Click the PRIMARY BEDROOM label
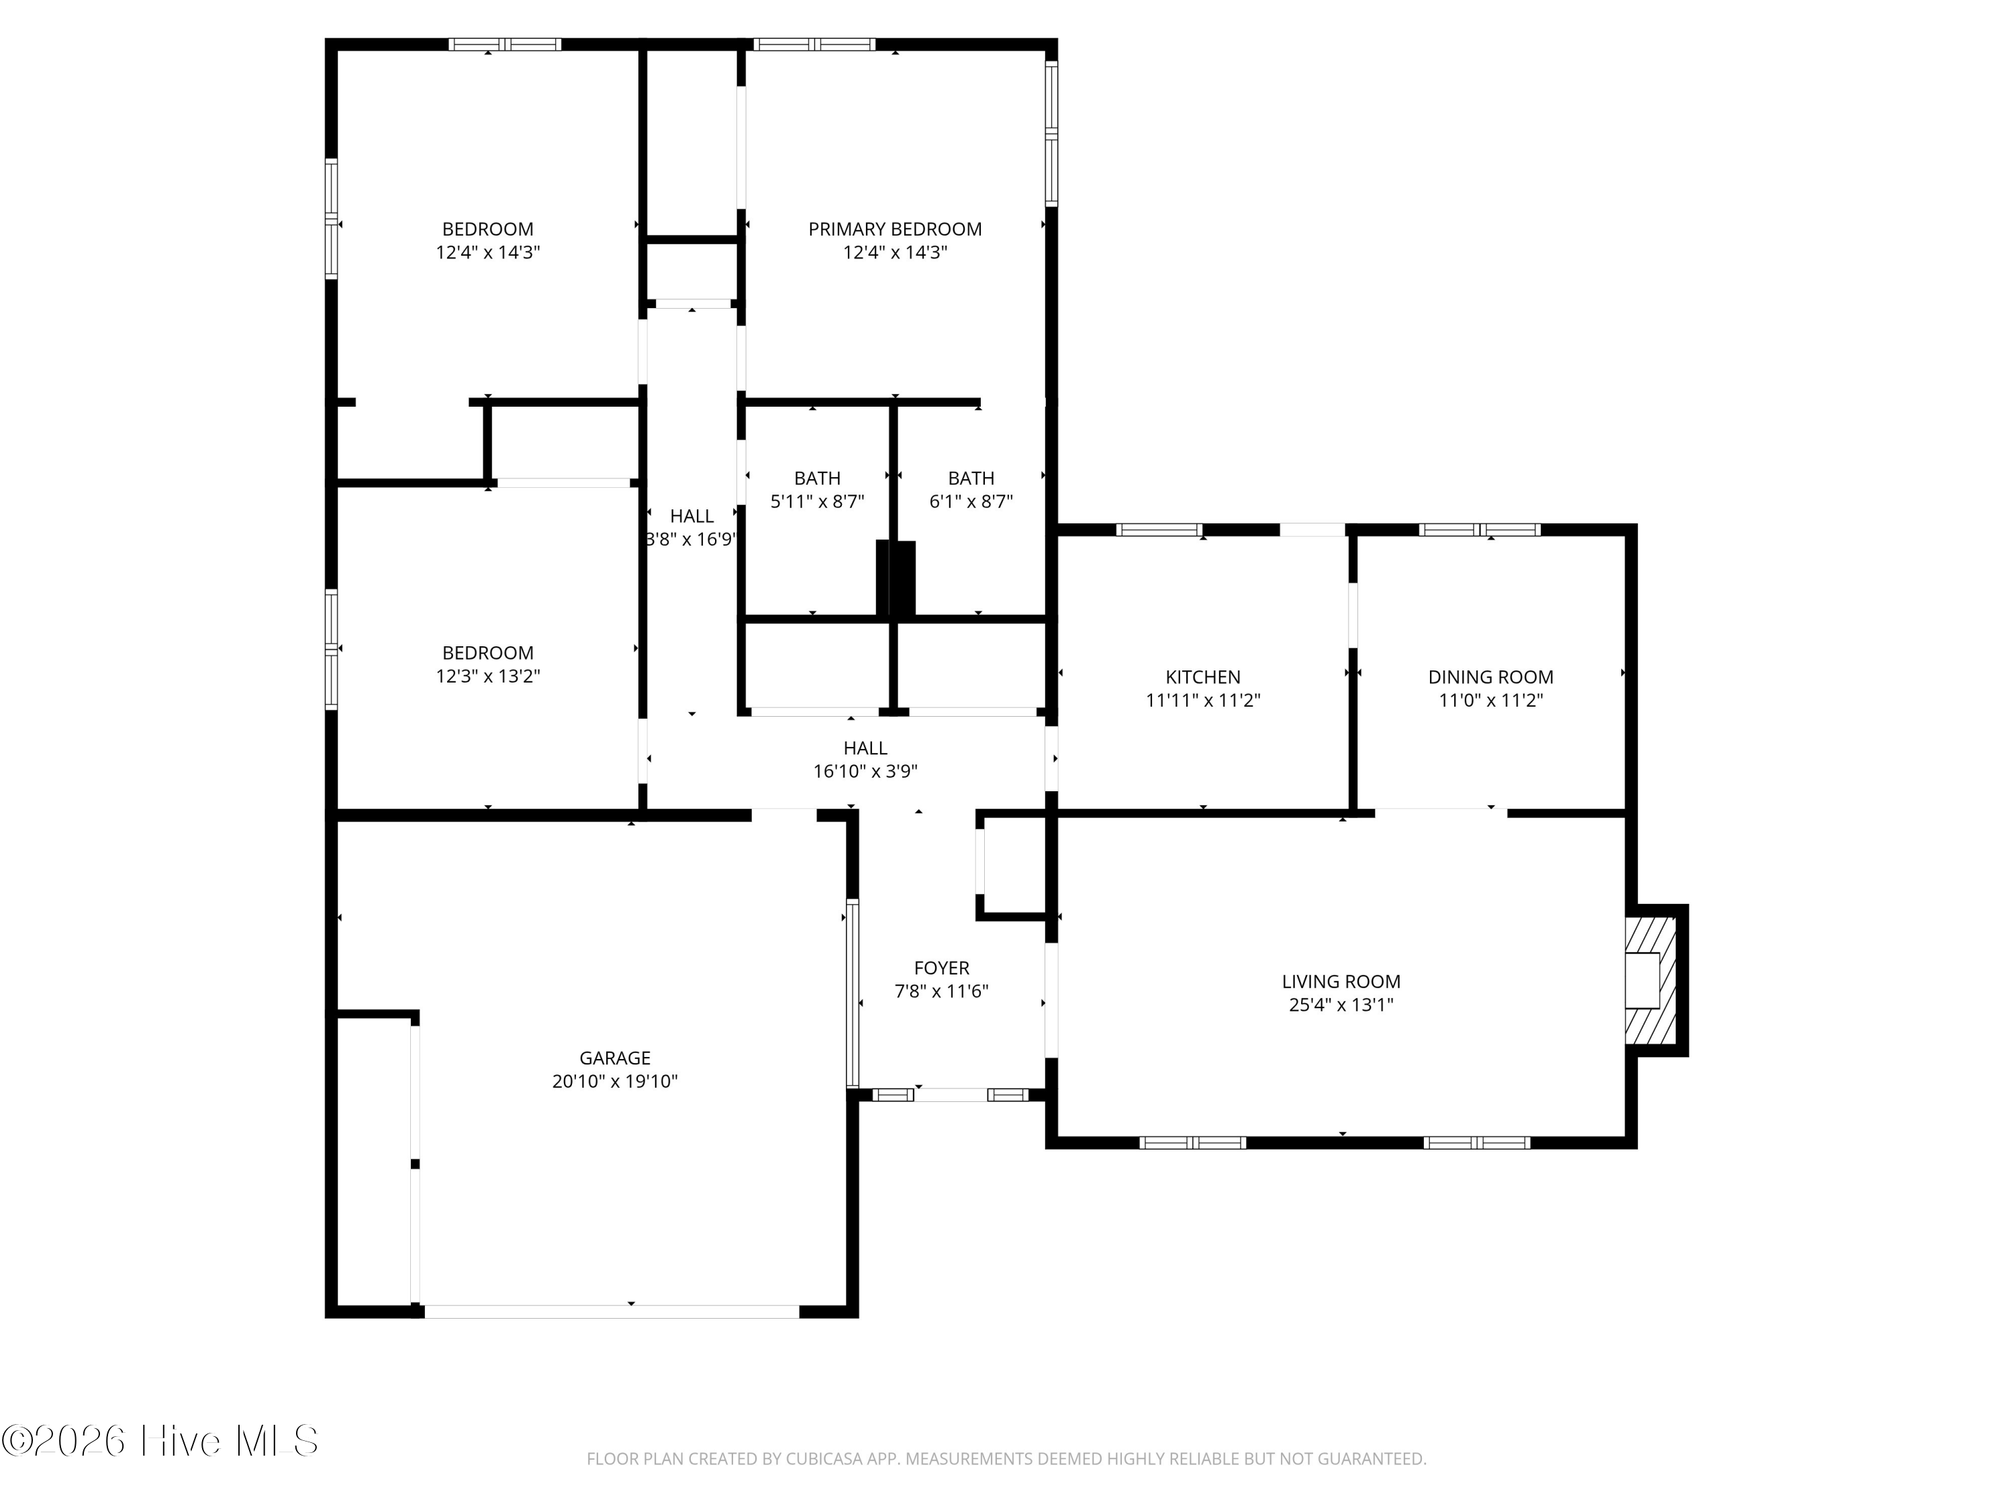tap(894, 230)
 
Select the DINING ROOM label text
tap(1490, 677)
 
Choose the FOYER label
tap(941, 968)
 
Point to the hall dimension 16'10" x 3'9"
tap(865, 772)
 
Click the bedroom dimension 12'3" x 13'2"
tap(488, 676)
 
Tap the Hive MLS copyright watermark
tap(160, 1441)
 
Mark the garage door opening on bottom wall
tap(612, 1311)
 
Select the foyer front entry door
tap(951, 1095)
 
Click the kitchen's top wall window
tap(1159, 530)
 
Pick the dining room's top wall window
tap(1480, 530)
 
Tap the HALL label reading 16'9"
tap(691, 528)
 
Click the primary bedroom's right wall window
tap(1051, 133)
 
